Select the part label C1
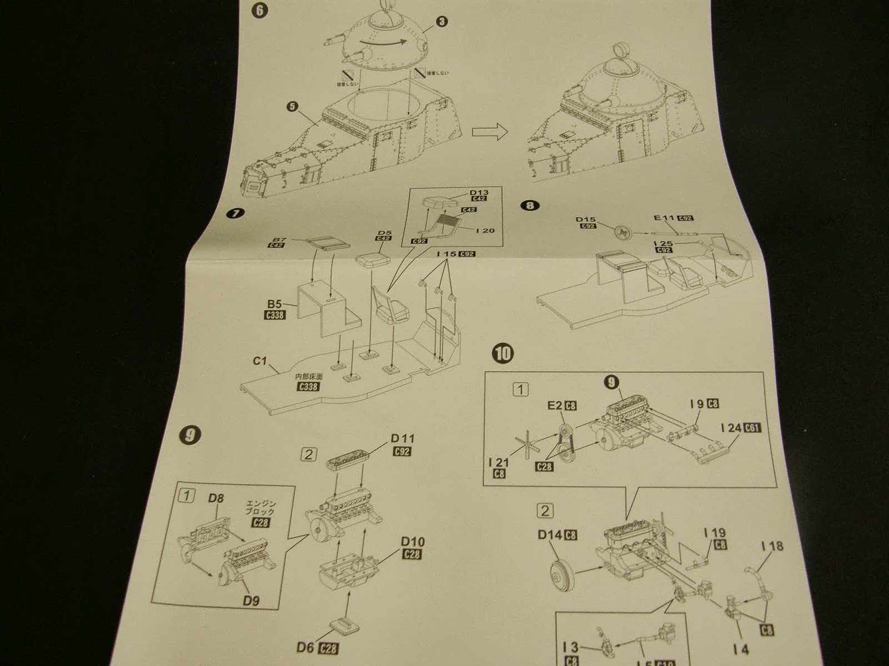click(260, 361)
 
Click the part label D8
click(216, 498)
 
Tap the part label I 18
click(770, 546)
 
